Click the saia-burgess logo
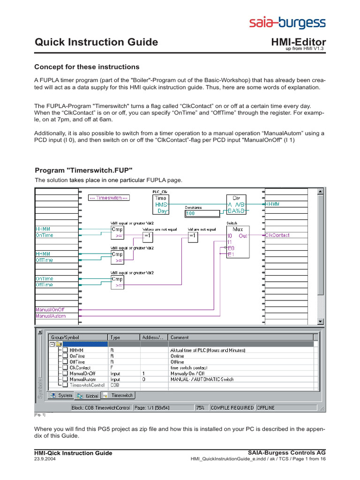287,22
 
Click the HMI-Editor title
299,42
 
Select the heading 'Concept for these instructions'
87,67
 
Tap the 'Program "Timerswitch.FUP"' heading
84,170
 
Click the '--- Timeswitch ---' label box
109,198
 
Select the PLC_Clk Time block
160,205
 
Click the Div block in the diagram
236,205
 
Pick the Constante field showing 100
202,213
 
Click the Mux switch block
237,241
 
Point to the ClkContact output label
277,235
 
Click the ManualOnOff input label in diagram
50,309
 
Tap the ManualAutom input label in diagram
50,316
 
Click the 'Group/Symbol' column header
78,337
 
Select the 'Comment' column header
180,337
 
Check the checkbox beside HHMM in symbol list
65,350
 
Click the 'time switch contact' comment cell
189,367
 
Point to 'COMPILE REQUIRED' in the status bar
232,408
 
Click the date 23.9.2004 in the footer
44,459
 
